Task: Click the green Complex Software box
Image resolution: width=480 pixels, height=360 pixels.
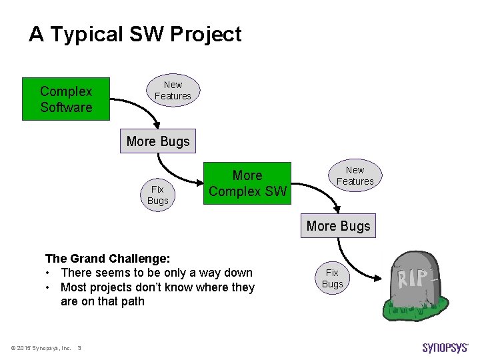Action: click(66, 99)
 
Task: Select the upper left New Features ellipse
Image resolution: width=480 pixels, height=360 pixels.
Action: click(173, 91)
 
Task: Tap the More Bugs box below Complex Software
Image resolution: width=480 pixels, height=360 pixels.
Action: click(158, 141)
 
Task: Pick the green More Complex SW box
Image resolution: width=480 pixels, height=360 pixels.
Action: click(247, 183)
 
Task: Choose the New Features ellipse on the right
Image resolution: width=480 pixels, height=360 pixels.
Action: click(355, 176)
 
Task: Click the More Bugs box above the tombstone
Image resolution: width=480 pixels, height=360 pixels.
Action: click(338, 226)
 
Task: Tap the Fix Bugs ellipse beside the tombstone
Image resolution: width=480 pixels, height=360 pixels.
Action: click(332, 279)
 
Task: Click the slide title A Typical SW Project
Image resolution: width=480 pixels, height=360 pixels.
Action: click(135, 35)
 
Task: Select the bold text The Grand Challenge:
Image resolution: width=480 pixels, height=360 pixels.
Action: click(107, 258)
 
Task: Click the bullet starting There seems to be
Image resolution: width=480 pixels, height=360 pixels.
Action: click(156, 273)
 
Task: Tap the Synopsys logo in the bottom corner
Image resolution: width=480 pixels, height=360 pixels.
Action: click(445, 347)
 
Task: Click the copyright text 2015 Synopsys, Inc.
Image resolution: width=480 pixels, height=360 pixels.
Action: click(41, 347)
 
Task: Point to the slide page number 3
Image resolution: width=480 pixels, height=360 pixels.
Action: click(79, 347)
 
